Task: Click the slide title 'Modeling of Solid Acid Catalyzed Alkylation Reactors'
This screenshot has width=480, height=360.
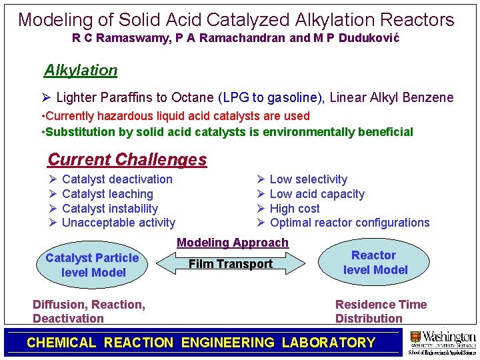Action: pos(236,19)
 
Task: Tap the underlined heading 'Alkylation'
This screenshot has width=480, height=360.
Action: pos(81,70)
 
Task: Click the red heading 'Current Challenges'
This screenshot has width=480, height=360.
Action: pos(127,159)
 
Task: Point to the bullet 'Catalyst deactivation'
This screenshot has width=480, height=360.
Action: pos(117,179)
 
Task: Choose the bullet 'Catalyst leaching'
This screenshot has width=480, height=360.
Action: pos(107,194)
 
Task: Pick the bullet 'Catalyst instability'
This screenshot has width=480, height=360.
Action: pos(109,209)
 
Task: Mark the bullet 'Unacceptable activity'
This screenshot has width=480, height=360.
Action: pos(118,223)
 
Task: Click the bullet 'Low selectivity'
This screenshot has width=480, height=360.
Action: pos(308,179)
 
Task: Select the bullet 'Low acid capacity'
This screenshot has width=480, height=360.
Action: pos(317,194)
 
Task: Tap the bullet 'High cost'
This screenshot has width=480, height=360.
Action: pos(295,209)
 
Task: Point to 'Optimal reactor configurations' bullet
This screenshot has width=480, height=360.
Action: pos(349,223)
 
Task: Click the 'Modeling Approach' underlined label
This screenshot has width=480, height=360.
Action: pos(233,243)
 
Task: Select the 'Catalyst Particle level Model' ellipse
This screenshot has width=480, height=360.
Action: pos(93,265)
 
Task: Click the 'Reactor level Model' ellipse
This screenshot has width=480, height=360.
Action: pos(374,263)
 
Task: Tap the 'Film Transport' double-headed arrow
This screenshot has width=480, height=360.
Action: pos(231,264)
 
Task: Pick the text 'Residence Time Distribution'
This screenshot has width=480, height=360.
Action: pos(381,311)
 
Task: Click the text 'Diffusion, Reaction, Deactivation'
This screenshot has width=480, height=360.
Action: pos(89,311)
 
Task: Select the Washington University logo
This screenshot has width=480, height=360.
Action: pos(442,341)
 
